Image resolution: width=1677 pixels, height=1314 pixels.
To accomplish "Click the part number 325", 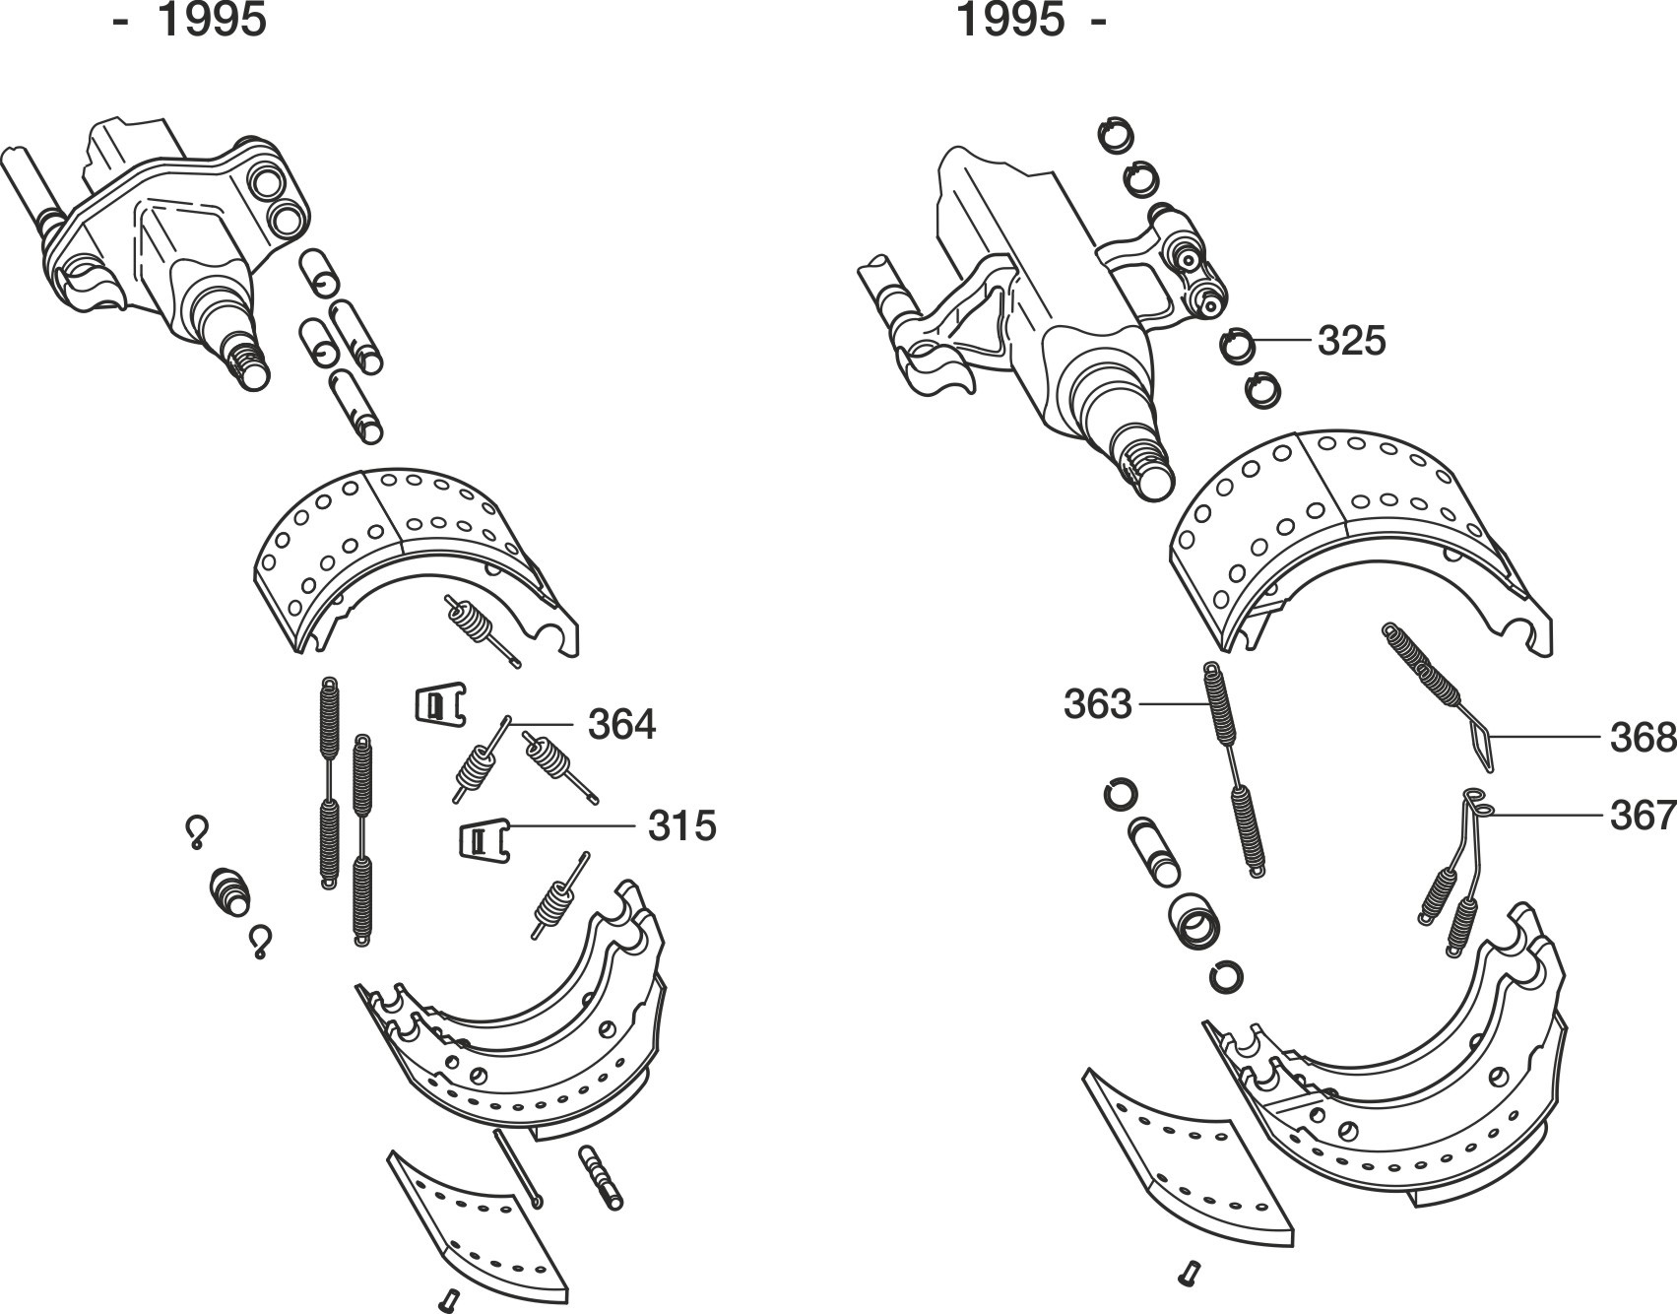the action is pos(1351,341).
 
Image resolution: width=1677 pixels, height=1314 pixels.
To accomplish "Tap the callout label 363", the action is pos(1098,704).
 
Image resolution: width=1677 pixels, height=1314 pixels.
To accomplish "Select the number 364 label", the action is pos(621,725).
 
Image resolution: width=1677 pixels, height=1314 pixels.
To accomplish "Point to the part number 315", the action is pos(681,825).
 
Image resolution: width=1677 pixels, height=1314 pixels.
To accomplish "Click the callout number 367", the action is pos(1644,816).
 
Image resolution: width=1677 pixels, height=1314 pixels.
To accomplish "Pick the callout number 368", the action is pos(1644,738).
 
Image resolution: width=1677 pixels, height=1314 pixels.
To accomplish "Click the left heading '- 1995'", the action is pos(190,20).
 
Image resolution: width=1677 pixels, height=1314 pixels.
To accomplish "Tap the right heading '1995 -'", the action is pos(1031,20).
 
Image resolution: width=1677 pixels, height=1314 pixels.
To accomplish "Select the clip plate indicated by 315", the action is pos(484,839).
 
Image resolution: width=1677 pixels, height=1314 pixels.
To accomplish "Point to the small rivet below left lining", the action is pos(450,1298).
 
